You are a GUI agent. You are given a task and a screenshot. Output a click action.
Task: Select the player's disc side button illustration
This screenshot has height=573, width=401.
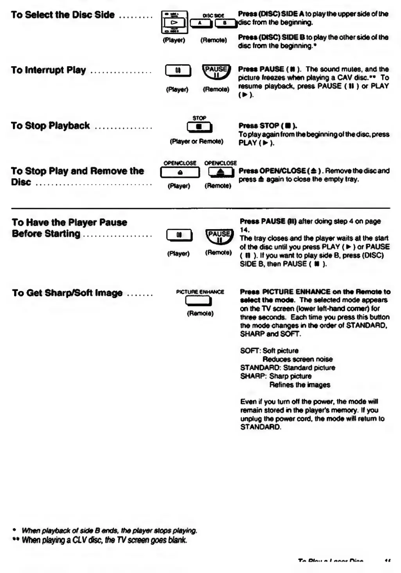174,23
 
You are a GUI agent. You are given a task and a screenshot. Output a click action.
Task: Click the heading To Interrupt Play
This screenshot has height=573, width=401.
49,70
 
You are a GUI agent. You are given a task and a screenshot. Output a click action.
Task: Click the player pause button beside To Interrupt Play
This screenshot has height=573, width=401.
178,71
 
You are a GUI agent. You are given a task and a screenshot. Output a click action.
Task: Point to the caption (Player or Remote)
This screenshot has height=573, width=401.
196,141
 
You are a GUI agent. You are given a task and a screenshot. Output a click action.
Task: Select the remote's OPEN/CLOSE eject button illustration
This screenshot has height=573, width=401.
221,172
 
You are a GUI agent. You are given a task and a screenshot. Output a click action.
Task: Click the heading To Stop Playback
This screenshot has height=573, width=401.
50,126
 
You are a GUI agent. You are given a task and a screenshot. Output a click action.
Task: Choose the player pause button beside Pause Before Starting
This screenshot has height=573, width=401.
179,236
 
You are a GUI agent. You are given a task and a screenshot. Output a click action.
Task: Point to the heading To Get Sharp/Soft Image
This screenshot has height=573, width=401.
67,293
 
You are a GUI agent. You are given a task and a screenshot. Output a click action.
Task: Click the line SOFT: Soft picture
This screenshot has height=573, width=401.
269,351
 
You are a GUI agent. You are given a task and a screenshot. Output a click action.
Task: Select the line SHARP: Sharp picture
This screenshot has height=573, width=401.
276,376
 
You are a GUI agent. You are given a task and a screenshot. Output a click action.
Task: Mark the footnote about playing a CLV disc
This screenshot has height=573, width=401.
104,540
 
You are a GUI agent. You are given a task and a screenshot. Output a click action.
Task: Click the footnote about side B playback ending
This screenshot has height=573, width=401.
109,531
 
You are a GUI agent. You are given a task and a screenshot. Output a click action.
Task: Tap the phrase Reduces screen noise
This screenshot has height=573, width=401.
297,360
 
